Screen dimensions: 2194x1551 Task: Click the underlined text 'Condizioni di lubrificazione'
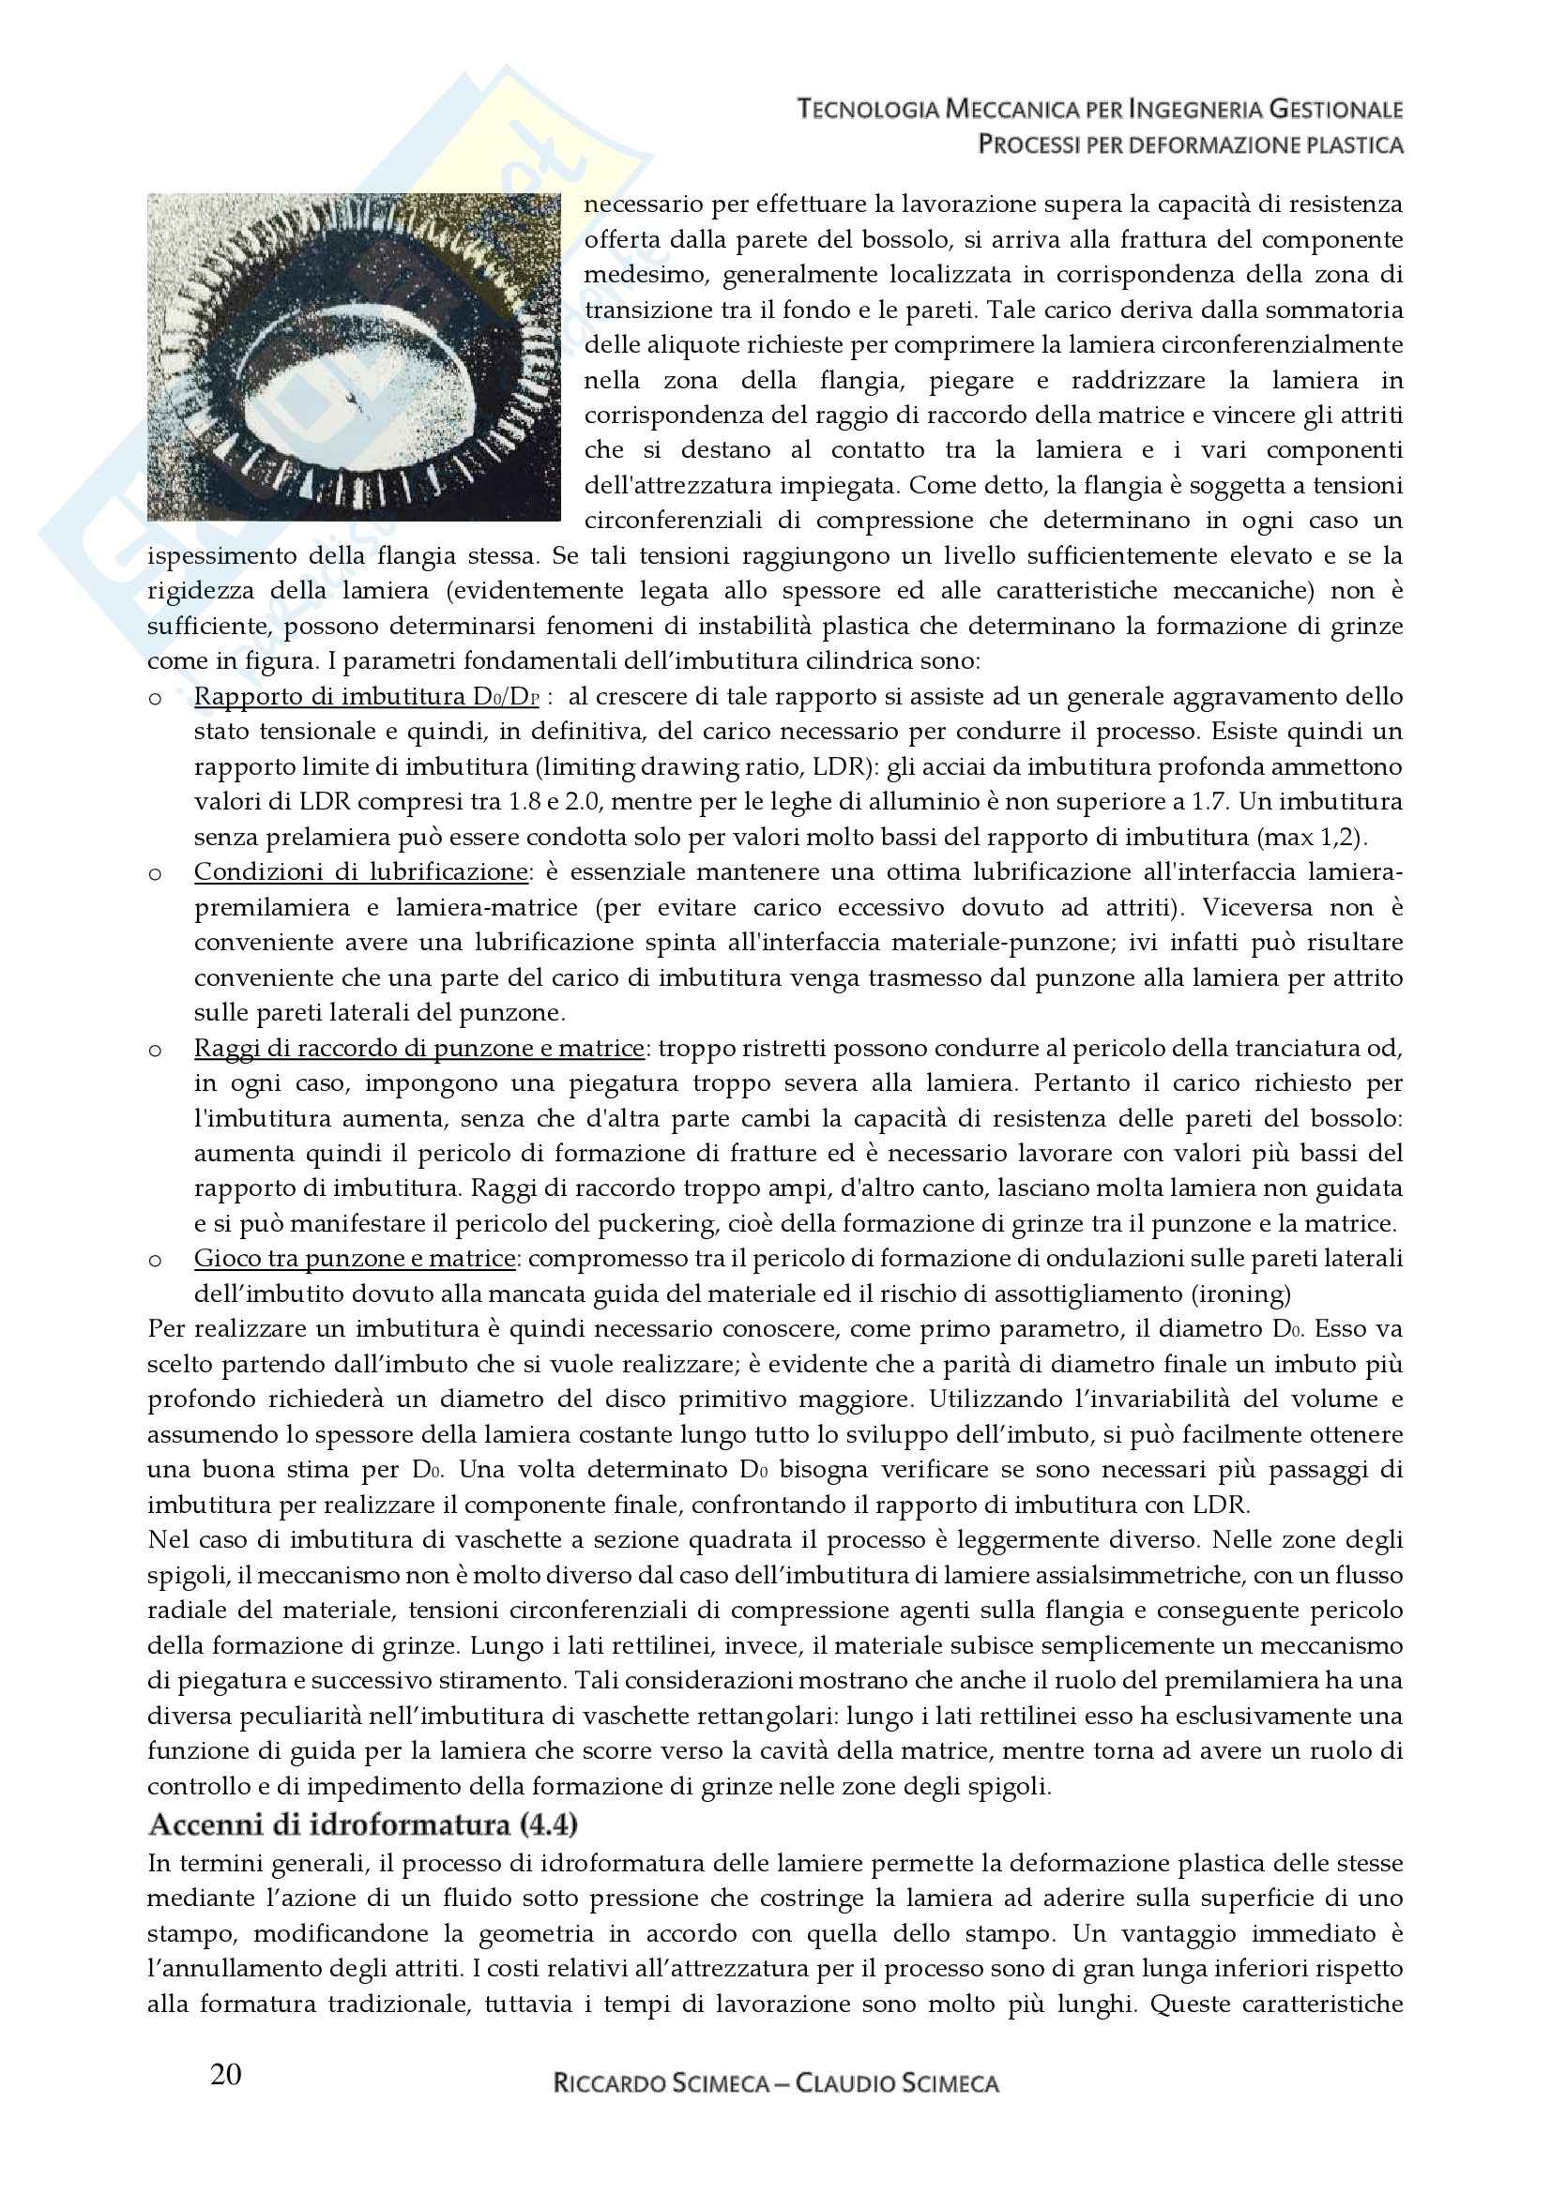click(x=360, y=871)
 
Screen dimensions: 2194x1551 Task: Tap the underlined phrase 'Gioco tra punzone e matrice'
click(x=355, y=1259)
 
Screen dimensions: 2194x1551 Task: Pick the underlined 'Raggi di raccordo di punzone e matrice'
click(x=418, y=1049)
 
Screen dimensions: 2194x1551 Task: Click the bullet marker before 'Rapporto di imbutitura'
click(x=155, y=699)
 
